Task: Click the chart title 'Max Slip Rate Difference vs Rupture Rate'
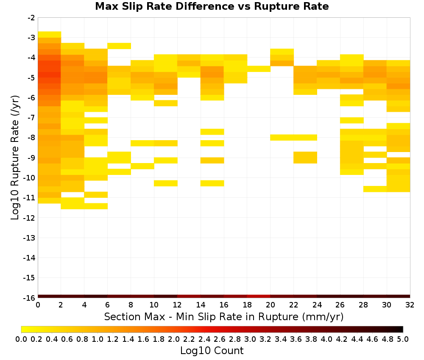pyautogui.click(x=212, y=6)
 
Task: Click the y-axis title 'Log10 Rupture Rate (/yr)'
pyautogui.click(x=15, y=158)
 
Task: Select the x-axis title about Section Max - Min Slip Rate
pyautogui.click(x=223, y=316)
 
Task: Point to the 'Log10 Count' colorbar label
pyautogui.click(x=212, y=351)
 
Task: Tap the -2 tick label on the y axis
pyautogui.click(x=31, y=18)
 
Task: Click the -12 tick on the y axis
pyautogui.click(x=29, y=218)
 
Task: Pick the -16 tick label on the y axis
pyautogui.click(x=29, y=298)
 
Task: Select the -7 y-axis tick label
pyautogui.click(x=31, y=118)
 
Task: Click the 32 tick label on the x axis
pyautogui.click(x=410, y=305)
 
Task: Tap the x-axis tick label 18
pyautogui.click(x=247, y=305)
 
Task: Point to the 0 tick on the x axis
pyautogui.click(x=38, y=305)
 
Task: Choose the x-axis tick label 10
pyautogui.click(x=154, y=305)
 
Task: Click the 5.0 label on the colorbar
pyautogui.click(x=403, y=339)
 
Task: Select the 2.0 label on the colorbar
pyautogui.click(x=174, y=339)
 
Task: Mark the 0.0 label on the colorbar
pyautogui.click(x=21, y=339)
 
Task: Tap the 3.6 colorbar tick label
pyautogui.click(x=296, y=339)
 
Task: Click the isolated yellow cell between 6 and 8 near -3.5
pyautogui.click(x=119, y=46)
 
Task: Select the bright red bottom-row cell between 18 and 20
pyautogui.click(x=259, y=296)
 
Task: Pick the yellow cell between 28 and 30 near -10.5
pyautogui.click(x=375, y=189)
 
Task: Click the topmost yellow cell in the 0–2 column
pyautogui.click(x=50, y=35)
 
